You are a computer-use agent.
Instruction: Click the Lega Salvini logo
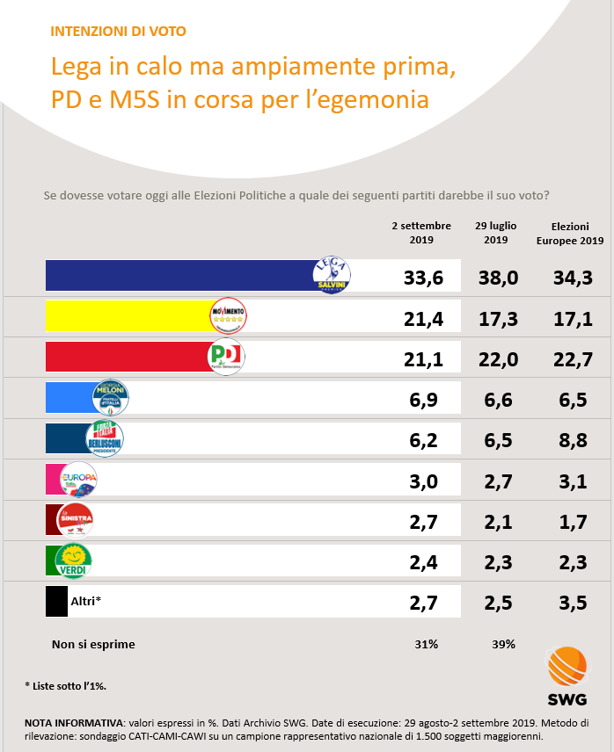pyautogui.click(x=333, y=275)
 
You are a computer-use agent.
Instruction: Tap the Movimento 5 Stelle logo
pyautogui.click(x=229, y=315)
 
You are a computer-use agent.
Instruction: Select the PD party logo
pyautogui.click(x=225, y=357)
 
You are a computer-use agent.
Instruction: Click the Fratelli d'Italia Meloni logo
pyautogui.click(x=110, y=398)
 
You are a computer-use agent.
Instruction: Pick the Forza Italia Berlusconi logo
pyautogui.click(x=105, y=438)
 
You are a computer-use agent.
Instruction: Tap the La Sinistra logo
pyautogui.click(x=75, y=520)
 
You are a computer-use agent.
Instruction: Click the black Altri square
pyautogui.click(x=56, y=602)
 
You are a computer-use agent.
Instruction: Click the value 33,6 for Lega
pyautogui.click(x=421, y=277)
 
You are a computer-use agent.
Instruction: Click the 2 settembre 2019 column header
pyautogui.click(x=421, y=232)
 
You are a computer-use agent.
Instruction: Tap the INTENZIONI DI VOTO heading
pyautogui.click(x=118, y=32)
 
